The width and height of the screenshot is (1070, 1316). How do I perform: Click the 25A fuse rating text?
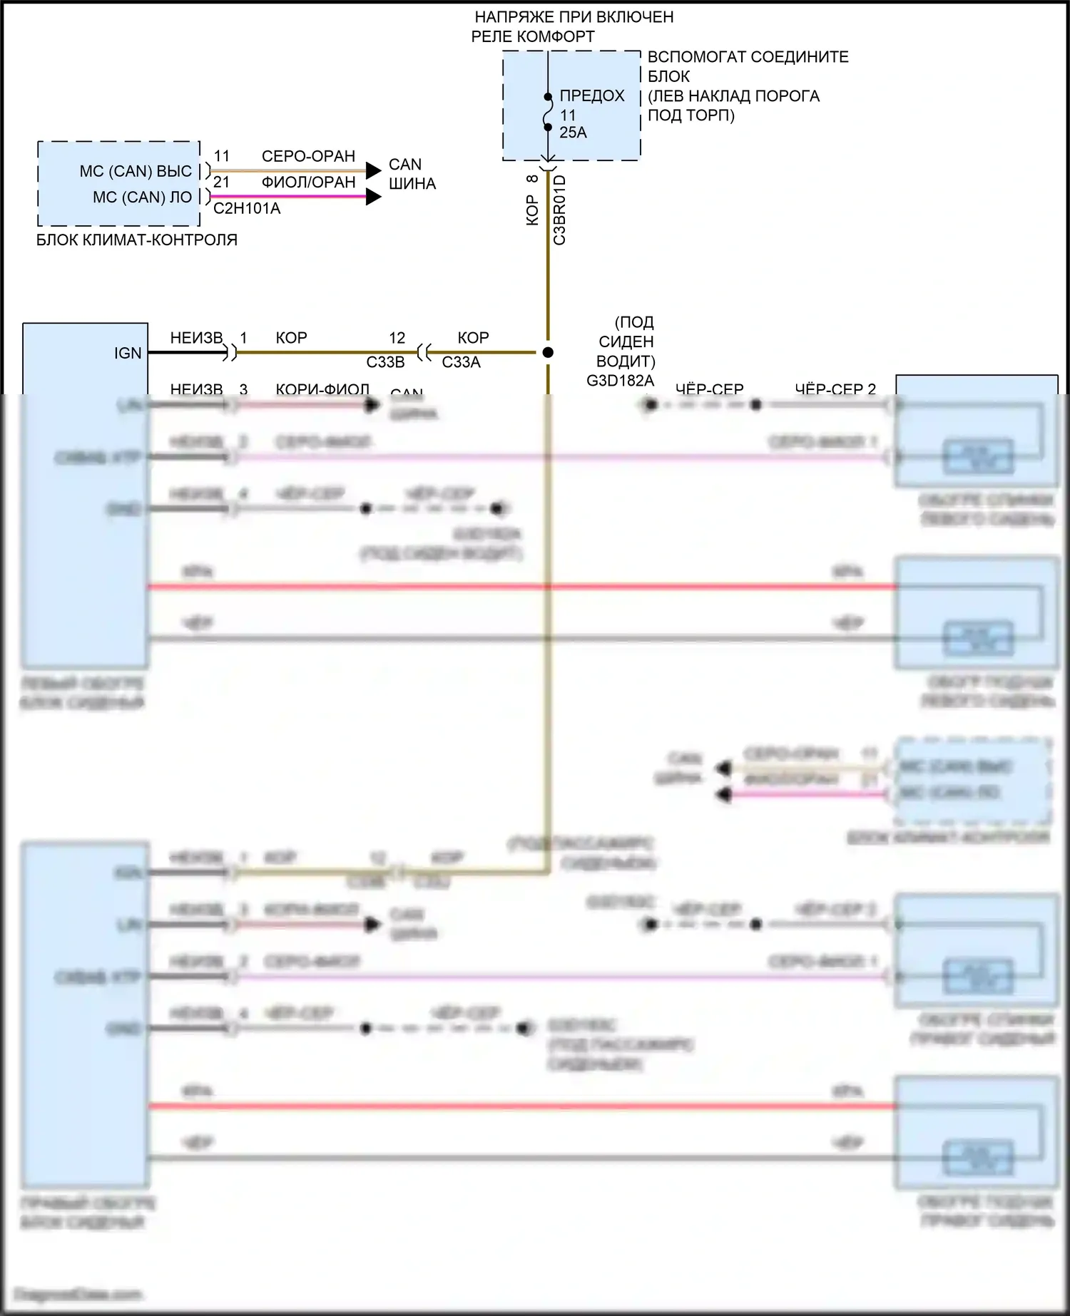tap(573, 133)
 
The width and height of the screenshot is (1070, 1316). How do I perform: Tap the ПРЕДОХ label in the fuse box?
tap(591, 96)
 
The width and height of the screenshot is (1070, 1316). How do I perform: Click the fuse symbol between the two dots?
tap(548, 113)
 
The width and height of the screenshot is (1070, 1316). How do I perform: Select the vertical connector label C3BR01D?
tap(560, 210)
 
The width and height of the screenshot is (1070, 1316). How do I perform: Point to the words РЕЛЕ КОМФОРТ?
tap(532, 36)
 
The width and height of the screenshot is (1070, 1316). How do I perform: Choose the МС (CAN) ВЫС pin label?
tap(136, 171)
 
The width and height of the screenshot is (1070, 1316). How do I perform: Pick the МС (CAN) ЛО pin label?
tap(142, 197)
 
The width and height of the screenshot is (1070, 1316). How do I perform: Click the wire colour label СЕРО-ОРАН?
tap(308, 156)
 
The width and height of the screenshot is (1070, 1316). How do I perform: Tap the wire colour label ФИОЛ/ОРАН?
tap(308, 183)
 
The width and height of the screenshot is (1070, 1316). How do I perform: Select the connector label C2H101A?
tap(247, 209)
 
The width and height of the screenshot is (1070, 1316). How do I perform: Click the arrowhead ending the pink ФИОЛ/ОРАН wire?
tap(374, 197)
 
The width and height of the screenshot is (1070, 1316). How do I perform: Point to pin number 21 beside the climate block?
tap(221, 183)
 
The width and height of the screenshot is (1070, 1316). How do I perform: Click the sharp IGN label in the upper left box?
tap(128, 353)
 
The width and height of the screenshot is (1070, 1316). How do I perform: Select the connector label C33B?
tap(385, 363)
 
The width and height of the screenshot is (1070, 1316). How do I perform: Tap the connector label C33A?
tap(461, 363)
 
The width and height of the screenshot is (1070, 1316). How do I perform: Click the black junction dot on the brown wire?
tap(548, 352)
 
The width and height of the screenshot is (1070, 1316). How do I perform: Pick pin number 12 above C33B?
tap(397, 338)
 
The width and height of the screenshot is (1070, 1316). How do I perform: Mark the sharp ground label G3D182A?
tap(620, 381)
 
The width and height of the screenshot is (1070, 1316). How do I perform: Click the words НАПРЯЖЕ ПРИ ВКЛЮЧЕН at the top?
tap(574, 17)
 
